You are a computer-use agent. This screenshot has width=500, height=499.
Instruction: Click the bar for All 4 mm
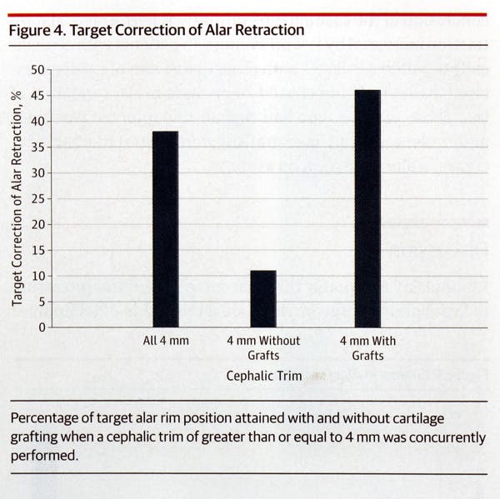(x=165, y=229)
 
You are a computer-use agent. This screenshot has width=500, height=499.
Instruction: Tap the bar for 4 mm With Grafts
(x=367, y=208)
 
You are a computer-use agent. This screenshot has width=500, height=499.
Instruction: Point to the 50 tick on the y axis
(x=38, y=70)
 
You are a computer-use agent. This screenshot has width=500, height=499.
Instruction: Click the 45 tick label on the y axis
(x=38, y=96)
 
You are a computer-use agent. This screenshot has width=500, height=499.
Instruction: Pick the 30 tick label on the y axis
(x=38, y=173)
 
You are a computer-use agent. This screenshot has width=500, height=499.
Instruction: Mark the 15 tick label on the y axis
(x=38, y=250)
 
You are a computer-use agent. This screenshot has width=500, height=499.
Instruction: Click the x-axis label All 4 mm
(x=166, y=341)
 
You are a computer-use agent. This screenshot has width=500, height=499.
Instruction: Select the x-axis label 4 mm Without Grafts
(x=263, y=348)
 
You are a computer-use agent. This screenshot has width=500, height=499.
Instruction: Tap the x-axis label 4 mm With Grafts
(x=367, y=348)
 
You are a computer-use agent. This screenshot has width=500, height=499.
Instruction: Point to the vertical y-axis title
(x=17, y=198)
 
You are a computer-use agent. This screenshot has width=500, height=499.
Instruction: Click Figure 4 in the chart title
(x=36, y=30)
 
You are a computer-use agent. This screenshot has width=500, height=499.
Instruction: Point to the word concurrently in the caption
(x=444, y=437)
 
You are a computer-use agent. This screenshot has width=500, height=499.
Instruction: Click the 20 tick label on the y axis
(x=38, y=225)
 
